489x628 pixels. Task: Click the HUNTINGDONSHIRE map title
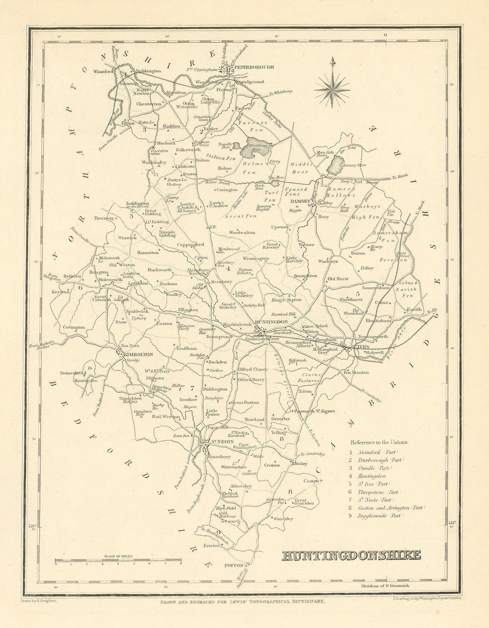(351, 555)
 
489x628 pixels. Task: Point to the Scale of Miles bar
(118, 560)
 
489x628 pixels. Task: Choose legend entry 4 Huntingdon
(372, 476)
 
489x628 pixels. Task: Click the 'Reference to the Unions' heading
(378, 442)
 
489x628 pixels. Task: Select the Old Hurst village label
(338, 279)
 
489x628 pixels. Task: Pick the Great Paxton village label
(245, 403)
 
